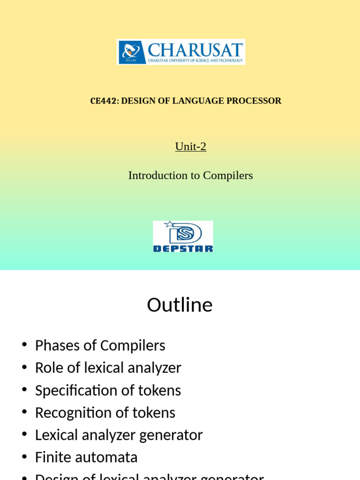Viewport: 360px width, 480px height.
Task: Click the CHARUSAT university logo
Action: pos(181,52)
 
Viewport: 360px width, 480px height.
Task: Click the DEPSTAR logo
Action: pos(183,237)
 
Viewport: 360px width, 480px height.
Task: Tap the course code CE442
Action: pos(103,101)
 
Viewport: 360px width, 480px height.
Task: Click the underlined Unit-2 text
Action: pos(191,147)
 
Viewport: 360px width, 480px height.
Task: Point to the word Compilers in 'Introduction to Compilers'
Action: pos(228,175)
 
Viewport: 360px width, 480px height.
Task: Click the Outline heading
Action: pos(180,305)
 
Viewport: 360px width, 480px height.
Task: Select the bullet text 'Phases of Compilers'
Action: pos(100,345)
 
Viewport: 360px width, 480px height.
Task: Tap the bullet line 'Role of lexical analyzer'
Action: pos(108,368)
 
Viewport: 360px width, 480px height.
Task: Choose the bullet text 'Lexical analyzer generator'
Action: pos(119,435)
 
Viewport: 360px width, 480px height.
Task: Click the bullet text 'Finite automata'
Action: pos(86,457)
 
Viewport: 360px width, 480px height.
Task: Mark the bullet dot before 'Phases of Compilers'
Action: pos(24,345)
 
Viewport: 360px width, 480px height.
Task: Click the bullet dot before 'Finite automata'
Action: pos(24,457)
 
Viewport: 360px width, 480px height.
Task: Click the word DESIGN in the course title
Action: pos(138,101)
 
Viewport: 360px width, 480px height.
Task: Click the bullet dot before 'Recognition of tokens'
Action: pos(24,413)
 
